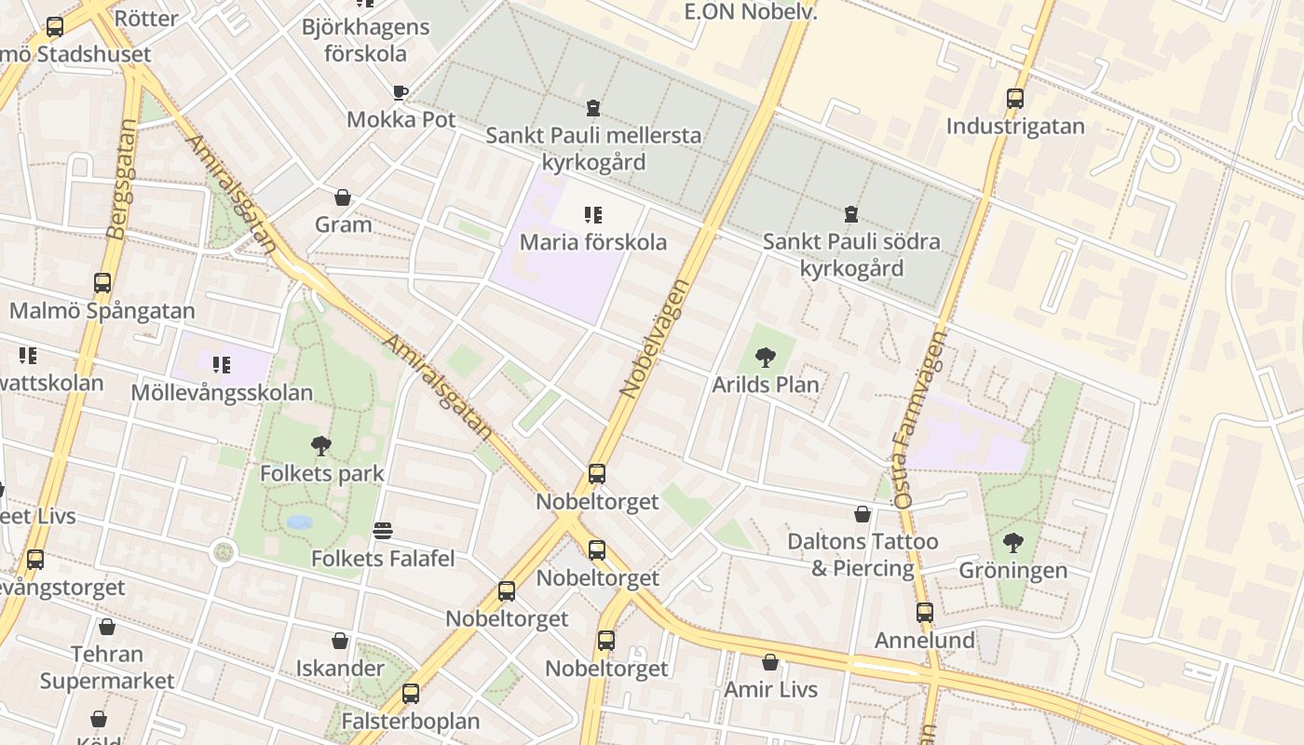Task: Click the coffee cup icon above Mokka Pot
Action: tap(400, 92)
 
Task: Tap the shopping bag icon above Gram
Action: tap(343, 197)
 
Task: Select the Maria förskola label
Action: tap(593, 242)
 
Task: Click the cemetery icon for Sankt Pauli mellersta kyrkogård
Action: tap(593, 108)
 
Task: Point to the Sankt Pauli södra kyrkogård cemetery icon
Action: tap(850, 215)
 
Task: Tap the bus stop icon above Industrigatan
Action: tap(1015, 98)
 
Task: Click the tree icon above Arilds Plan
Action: tap(766, 357)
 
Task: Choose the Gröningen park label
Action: tap(1013, 570)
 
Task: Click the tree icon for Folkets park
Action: tap(321, 446)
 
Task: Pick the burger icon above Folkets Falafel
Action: tap(383, 531)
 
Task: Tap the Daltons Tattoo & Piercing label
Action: tap(863, 554)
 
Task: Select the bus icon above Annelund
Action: tap(924, 613)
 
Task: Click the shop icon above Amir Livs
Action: tap(770, 662)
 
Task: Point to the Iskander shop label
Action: tap(340, 668)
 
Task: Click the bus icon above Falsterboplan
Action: tap(411, 694)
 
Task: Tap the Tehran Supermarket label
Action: tap(107, 667)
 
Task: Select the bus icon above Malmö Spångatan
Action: tap(102, 283)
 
